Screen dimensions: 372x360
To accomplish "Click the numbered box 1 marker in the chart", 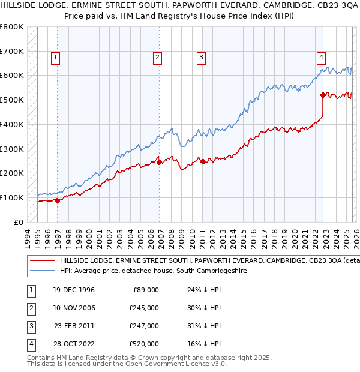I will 55,58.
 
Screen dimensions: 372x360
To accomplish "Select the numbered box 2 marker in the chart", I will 157,58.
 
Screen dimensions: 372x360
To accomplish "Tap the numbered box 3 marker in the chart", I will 201,58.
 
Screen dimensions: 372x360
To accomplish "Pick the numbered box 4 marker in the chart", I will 321,58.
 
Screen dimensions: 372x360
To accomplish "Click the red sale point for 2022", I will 323,95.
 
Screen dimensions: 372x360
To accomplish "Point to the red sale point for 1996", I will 58,200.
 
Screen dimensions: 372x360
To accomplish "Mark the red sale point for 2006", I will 159,162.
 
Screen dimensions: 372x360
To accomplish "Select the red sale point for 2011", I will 203,161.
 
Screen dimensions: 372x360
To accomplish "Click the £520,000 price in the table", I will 145,344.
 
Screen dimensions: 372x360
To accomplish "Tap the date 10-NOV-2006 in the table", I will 74,308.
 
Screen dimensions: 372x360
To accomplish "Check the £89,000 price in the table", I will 146,290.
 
